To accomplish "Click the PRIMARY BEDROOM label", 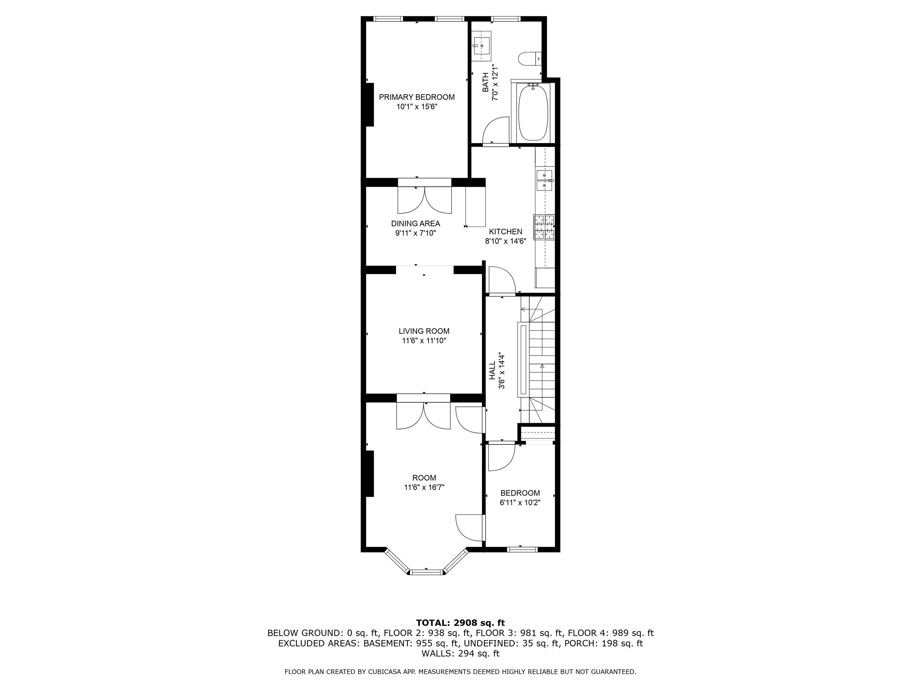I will [x=416, y=97].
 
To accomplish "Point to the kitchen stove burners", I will [x=544, y=227].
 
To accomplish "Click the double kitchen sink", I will [x=544, y=180].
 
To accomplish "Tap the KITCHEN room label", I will [x=505, y=232].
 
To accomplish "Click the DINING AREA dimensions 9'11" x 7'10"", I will [x=415, y=233].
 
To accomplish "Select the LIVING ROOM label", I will [x=424, y=331].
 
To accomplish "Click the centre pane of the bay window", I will [x=426, y=572].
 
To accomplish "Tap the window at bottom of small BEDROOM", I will [x=522, y=549].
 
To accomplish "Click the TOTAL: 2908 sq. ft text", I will [x=460, y=623].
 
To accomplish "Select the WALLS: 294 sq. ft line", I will [x=460, y=654].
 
